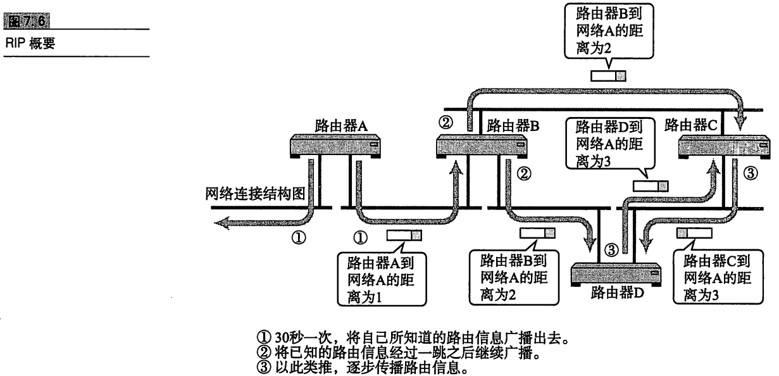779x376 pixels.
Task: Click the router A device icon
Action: click(335, 146)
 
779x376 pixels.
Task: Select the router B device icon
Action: click(482, 146)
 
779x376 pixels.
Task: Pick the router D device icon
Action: click(616, 275)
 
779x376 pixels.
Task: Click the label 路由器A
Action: click(341, 125)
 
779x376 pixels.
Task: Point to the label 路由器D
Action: click(617, 293)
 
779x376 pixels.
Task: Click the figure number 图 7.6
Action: click(27, 21)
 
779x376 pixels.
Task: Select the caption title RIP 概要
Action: click(30, 43)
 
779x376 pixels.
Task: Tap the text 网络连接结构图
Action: click(255, 194)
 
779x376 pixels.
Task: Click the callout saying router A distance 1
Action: click(382, 279)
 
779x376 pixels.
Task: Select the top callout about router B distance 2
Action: click(609, 30)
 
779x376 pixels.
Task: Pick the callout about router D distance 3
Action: click(610, 143)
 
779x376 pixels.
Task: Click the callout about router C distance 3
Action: click(718, 277)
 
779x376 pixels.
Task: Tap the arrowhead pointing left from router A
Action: click(222, 223)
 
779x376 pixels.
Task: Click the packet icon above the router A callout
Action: click(404, 235)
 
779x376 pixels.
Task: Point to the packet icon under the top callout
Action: click(608, 76)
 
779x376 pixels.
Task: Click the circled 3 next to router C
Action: click(751, 173)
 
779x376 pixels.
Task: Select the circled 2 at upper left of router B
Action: click(446, 122)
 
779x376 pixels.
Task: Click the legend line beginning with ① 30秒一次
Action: click(413, 337)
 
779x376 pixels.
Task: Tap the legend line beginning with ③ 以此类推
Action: click(363, 367)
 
